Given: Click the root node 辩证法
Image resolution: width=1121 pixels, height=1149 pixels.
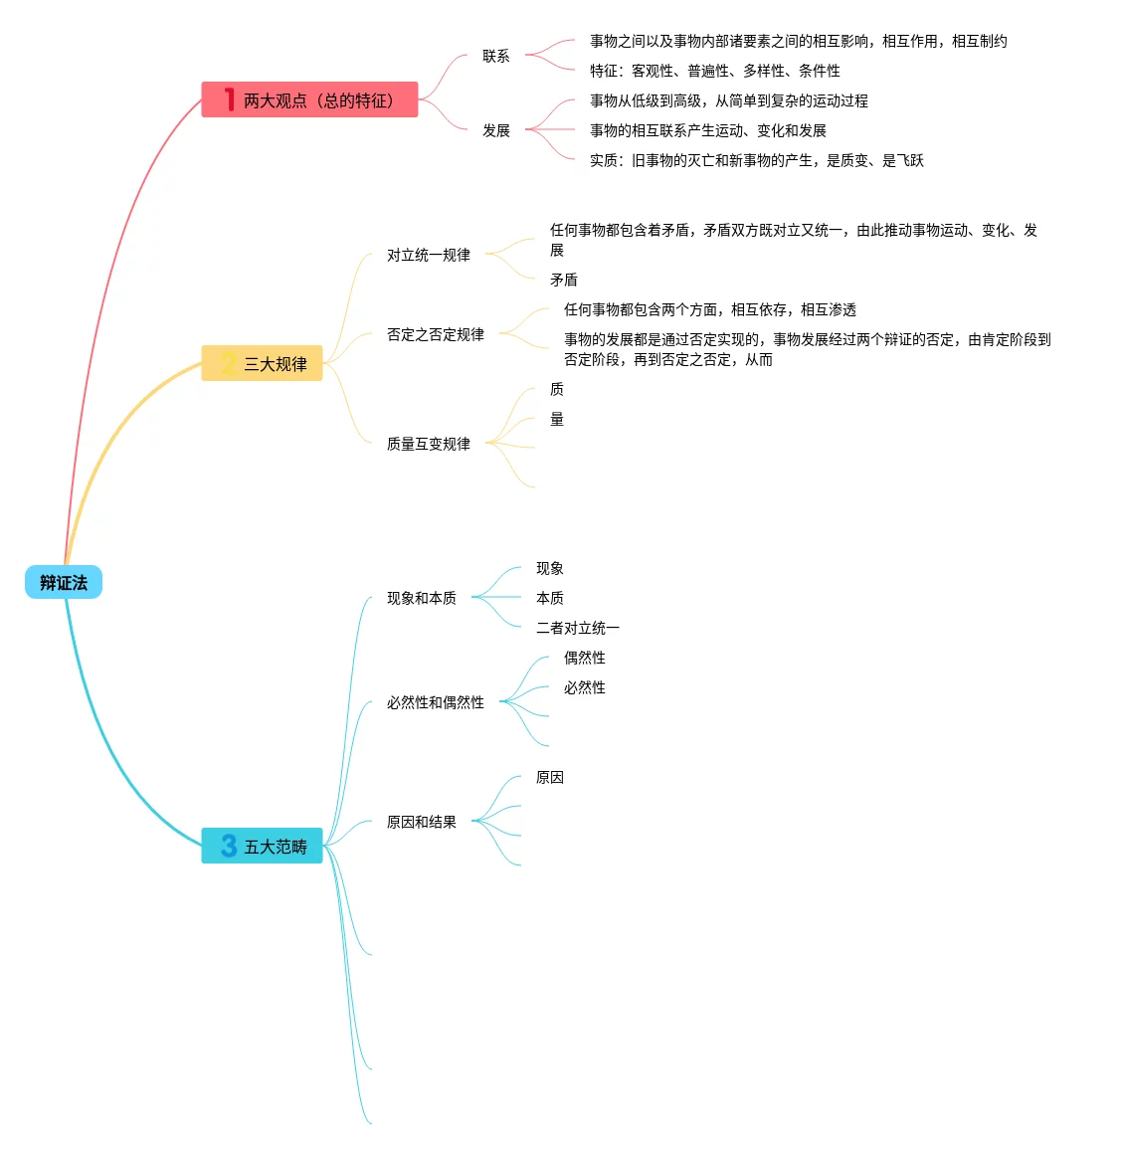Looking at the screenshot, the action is (64, 583).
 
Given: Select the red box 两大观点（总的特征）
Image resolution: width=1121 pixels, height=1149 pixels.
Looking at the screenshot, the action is (309, 100).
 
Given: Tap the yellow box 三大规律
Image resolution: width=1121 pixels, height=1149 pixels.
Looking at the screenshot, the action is (263, 364).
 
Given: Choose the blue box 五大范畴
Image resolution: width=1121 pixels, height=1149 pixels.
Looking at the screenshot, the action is (263, 847).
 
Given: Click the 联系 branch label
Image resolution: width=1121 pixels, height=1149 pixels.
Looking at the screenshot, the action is (496, 56).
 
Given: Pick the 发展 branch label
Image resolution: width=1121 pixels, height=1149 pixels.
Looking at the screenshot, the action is (496, 130).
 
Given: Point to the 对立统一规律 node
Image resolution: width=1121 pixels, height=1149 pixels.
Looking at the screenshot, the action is (429, 255).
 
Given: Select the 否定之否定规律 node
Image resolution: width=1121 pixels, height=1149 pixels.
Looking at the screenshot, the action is (436, 334).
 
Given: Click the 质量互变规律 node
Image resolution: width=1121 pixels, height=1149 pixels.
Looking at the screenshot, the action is (429, 444).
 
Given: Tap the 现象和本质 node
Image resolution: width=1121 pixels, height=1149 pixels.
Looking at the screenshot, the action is (422, 598).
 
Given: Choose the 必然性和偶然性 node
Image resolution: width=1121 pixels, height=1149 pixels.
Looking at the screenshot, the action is (436, 702).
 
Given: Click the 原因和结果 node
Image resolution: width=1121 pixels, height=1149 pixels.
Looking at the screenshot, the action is (422, 822).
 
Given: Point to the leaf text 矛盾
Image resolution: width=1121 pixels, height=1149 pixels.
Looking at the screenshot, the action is (564, 280).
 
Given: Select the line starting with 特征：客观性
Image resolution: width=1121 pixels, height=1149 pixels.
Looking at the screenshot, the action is (714, 71).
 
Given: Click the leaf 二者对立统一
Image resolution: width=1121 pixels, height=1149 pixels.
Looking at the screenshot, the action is (578, 628).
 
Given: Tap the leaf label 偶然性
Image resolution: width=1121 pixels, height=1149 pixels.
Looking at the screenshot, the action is (585, 658).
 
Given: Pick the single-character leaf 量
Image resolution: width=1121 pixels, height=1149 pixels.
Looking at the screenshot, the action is (557, 419).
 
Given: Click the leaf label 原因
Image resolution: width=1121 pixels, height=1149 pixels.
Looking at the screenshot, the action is (550, 777).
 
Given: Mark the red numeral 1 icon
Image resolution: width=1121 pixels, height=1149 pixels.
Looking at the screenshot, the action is (229, 99).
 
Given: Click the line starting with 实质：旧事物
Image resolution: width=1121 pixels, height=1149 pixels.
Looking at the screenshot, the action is (756, 160).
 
